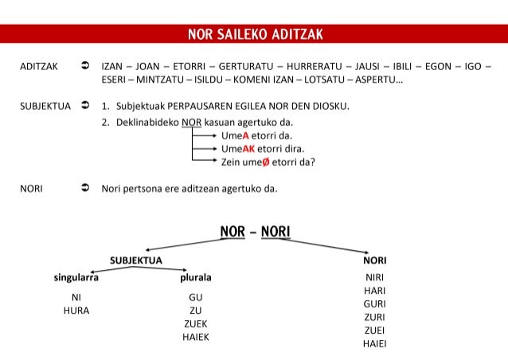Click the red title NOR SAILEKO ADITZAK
click(254, 34)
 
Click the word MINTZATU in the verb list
click(158, 80)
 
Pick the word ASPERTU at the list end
click(377, 80)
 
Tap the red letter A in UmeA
click(246, 135)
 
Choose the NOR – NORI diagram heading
click(254, 232)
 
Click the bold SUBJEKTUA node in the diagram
click(136, 260)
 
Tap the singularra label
click(76, 278)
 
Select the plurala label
click(195, 278)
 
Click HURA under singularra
click(76, 311)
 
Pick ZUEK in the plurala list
click(195, 323)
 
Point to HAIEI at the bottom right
click(374, 344)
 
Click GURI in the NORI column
click(374, 303)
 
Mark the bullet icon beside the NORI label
click(84, 189)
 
